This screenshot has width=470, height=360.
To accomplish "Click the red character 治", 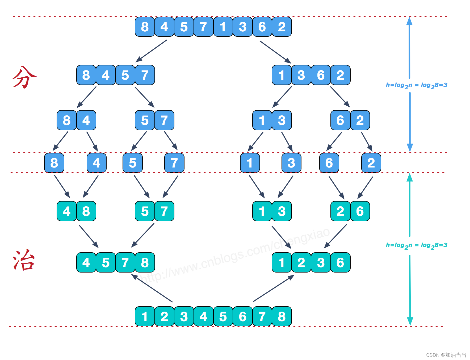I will (24, 261).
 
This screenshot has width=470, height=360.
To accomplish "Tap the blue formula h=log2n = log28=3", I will (416, 85).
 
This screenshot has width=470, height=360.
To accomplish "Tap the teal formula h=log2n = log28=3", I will (416, 245).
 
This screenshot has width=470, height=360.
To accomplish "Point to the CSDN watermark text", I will (446, 355).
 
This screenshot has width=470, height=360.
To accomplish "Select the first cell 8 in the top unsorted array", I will (145, 27).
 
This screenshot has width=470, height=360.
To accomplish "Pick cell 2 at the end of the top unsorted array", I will (282, 27).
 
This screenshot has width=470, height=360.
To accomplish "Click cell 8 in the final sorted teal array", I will (282, 316).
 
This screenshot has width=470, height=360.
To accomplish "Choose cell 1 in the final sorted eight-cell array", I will (145, 316).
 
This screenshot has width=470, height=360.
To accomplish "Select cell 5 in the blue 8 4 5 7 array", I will (125, 75).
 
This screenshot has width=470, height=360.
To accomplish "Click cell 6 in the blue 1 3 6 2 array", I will (321, 75).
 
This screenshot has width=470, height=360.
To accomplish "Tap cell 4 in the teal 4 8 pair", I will (66, 211).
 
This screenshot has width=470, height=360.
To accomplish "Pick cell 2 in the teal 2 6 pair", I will (340, 211).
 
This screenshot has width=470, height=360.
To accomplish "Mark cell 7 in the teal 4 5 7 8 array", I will (125, 263).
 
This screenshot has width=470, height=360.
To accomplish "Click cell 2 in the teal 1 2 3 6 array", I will (301, 263).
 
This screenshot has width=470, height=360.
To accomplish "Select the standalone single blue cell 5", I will (132, 163).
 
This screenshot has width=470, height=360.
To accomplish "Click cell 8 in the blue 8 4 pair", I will (66, 120).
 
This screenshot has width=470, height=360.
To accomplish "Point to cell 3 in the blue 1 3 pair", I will (282, 120).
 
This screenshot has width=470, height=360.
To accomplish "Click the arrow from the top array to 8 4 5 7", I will (152, 51).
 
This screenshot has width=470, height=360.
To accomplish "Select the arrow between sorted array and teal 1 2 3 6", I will (274, 288).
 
